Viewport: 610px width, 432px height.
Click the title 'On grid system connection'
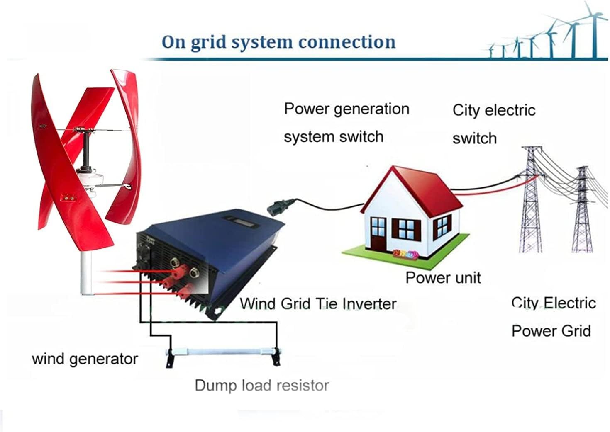click(278, 42)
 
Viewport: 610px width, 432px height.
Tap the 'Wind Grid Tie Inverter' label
click(318, 304)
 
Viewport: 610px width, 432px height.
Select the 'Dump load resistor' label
click(262, 385)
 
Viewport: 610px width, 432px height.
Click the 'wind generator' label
click(85, 359)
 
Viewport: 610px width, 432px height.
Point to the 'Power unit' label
click(443, 277)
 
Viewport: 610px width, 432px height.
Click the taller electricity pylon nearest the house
click(531, 203)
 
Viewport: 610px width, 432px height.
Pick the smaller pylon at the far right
click(583, 211)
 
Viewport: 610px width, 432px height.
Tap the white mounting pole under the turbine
click(86, 274)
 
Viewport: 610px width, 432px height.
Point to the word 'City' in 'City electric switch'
click(466, 110)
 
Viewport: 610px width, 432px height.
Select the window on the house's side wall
click(443, 227)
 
